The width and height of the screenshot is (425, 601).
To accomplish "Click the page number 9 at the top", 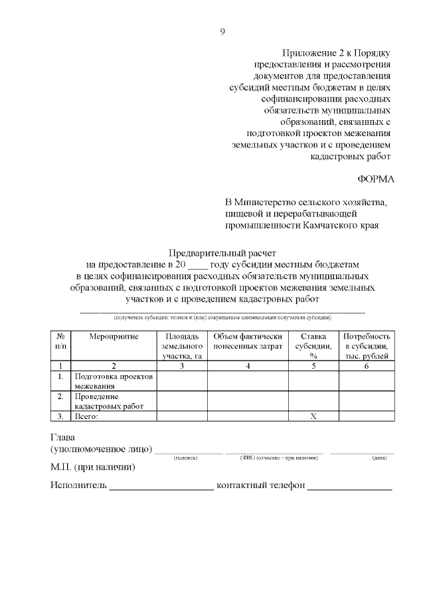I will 223,31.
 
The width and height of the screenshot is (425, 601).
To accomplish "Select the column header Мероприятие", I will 114,337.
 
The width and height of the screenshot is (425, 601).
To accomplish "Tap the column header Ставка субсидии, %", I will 313,346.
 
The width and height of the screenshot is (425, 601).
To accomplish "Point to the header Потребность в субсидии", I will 366,346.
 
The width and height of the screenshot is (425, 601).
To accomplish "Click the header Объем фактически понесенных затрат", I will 248,341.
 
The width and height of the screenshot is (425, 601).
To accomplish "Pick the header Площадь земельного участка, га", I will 182,346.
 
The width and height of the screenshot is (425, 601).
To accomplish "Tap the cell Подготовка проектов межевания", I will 114,381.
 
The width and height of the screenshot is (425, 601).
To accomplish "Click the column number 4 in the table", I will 248,365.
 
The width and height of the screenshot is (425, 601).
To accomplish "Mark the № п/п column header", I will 60,341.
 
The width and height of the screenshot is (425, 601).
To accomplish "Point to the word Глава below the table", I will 63,438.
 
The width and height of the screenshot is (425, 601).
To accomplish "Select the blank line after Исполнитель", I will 161,487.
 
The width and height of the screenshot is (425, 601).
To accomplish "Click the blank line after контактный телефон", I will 349,487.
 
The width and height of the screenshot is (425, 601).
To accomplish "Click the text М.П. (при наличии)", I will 93,468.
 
